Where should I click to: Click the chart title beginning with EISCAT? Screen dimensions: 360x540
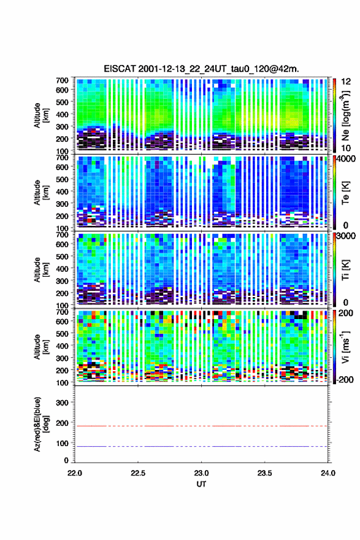201,69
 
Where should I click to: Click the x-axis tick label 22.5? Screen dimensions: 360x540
137,473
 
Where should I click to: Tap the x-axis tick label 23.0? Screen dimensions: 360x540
201,473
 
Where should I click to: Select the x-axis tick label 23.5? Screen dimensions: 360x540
264,473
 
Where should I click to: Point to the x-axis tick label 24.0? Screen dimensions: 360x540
327,473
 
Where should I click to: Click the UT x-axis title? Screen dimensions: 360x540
201,484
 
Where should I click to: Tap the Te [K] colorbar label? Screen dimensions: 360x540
345,193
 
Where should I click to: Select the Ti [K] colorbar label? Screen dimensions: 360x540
345,269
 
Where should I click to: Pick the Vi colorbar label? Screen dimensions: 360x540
345,347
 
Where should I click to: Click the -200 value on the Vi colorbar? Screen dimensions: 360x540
343,379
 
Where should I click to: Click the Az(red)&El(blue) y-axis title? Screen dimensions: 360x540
40,424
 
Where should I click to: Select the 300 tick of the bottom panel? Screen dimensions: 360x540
62,403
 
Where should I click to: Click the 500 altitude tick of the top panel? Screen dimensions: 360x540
62,102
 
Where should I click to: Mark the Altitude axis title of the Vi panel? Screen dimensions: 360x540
40,347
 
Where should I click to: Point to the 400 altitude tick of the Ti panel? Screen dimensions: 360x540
62,269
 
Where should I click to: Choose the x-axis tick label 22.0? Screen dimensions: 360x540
75,473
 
